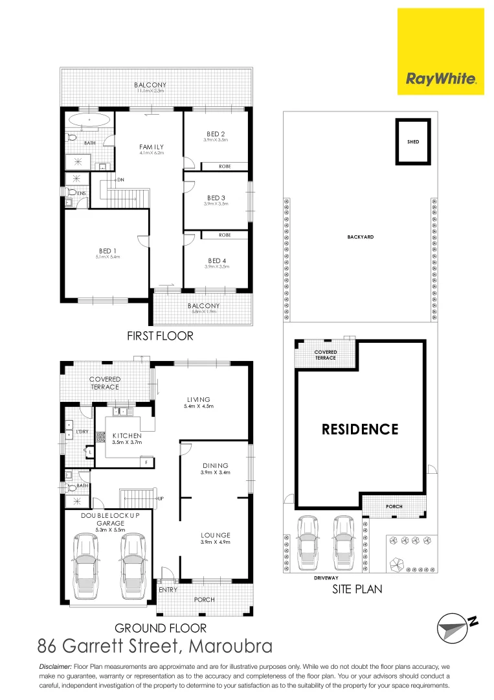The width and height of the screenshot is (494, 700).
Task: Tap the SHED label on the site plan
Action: tap(412, 141)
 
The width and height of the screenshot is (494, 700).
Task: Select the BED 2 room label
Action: tap(216, 134)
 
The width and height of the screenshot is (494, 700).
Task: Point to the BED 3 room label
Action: tap(216, 198)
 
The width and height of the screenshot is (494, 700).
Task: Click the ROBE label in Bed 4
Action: tap(225, 235)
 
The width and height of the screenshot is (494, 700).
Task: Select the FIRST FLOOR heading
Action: tap(160, 336)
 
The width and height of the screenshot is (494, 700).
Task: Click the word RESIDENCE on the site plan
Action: tap(360, 429)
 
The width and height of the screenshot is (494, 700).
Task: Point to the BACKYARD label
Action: tap(360, 237)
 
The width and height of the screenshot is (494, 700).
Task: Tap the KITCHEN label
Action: tap(127, 436)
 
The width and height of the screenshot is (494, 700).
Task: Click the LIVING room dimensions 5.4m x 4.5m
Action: tap(199, 406)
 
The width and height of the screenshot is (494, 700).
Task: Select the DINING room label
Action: tap(216, 465)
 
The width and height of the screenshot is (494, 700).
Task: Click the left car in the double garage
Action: tap(87, 562)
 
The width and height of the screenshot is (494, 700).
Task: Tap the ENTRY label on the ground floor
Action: tap(168, 590)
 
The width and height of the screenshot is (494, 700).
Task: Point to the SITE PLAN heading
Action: tap(357, 589)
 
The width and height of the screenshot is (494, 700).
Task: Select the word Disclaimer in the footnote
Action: tap(56, 667)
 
